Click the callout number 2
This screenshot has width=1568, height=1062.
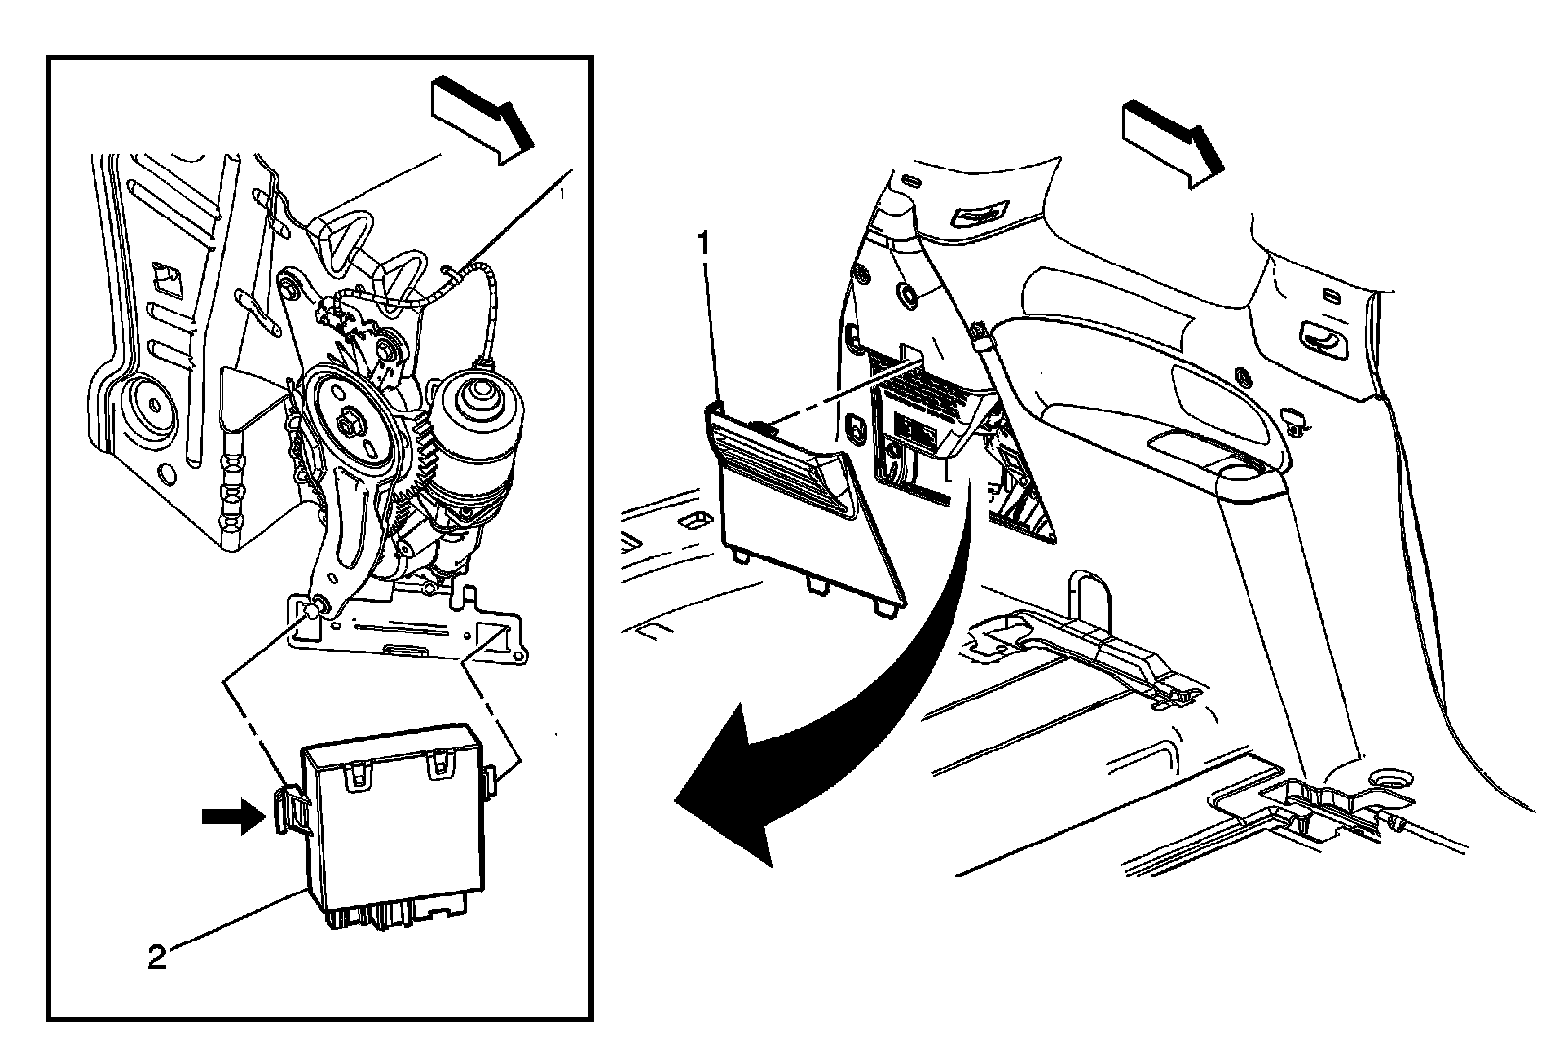click(157, 957)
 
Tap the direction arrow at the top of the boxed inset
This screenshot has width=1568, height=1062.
click(483, 121)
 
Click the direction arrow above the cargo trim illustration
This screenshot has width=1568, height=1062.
click(1173, 144)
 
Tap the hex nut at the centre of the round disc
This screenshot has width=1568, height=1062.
click(347, 424)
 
